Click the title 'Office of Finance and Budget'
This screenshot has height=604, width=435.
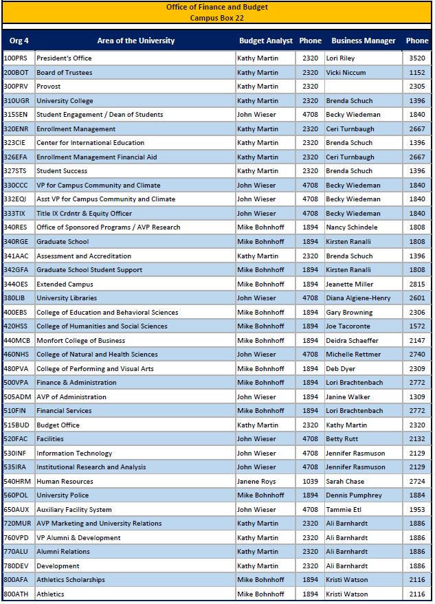coord(217,8)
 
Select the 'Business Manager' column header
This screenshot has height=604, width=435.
coord(364,41)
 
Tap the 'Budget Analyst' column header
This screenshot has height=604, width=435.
coord(266,41)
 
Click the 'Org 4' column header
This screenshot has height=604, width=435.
coord(19,41)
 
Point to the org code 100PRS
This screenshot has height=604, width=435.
coord(16,58)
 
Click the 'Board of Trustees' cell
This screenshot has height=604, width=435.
coord(64,72)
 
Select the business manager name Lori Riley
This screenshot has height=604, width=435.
coord(340,58)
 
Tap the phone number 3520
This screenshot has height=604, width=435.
coord(417,58)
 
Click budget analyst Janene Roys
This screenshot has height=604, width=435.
coord(256,481)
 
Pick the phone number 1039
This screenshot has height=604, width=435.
coord(311,481)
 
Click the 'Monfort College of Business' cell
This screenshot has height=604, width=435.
coord(80,340)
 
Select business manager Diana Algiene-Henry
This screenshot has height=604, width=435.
coord(358,298)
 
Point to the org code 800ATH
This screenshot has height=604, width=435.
coord(16,594)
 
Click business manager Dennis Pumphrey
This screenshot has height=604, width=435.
coord(353,495)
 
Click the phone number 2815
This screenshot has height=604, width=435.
coord(417,284)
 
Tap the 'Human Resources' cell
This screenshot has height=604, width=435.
coord(65,481)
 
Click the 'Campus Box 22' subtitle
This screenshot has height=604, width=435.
coord(217,18)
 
